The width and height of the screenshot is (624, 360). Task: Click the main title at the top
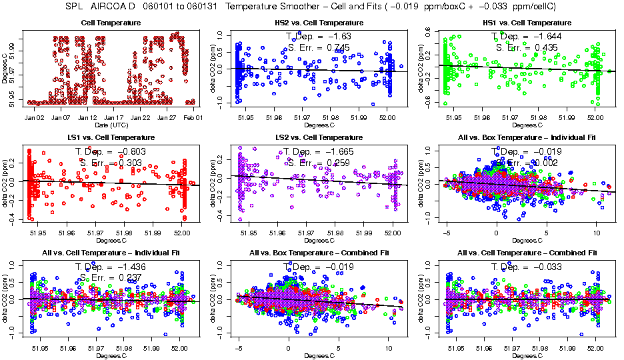(x=311, y=7)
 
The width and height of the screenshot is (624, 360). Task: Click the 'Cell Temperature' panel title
(x=111, y=23)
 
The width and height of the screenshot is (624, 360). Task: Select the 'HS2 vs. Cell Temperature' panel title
(x=319, y=23)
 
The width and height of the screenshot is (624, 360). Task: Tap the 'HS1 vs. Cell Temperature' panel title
(x=527, y=23)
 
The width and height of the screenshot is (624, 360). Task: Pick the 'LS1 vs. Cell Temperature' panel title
(x=111, y=137)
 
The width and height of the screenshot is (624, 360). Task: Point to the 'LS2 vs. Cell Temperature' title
(x=319, y=137)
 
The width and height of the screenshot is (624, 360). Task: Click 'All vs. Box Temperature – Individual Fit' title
(x=527, y=137)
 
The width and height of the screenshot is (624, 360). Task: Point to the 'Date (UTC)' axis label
(x=111, y=125)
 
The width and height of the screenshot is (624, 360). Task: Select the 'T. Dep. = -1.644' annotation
(x=527, y=36)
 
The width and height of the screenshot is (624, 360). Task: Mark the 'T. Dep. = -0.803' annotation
(x=111, y=151)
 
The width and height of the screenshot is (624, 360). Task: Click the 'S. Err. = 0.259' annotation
(x=319, y=162)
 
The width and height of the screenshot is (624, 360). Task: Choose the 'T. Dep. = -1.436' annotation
(x=111, y=267)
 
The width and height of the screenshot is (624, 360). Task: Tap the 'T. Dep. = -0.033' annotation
(x=527, y=267)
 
